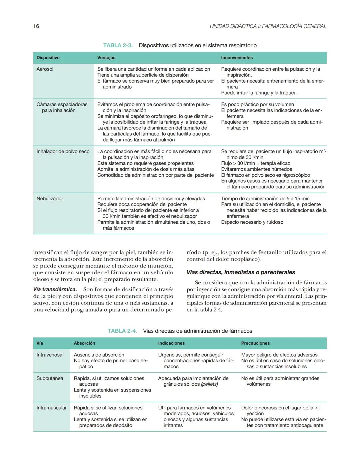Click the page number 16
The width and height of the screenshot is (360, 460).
coord(36,26)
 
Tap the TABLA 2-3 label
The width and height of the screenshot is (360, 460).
coord(118,45)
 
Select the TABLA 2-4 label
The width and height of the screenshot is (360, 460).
coord(122,331)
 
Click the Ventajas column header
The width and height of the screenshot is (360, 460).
coord(106,58)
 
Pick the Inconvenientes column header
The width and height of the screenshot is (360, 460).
coord(237,58)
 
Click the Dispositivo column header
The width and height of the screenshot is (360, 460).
coord(48,58)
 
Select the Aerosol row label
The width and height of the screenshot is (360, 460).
coord(45,69)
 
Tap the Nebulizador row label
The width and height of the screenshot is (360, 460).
coord(50,199)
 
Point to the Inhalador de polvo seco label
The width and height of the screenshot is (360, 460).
coord(63,152)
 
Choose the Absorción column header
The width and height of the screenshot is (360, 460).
coord(84,343)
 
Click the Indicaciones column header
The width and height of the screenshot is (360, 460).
coord(171,343)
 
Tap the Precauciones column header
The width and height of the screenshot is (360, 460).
coord(255,343)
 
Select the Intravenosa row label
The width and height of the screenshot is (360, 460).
coord(49,355)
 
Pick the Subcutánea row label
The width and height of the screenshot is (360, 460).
coord(50,378)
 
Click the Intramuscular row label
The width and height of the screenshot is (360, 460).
coord(51,408)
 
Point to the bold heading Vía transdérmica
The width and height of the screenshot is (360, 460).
coord(55,289)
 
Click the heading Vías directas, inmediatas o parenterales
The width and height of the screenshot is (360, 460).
coord(241,272)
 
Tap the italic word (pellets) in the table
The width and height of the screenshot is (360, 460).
coord(209,384)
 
